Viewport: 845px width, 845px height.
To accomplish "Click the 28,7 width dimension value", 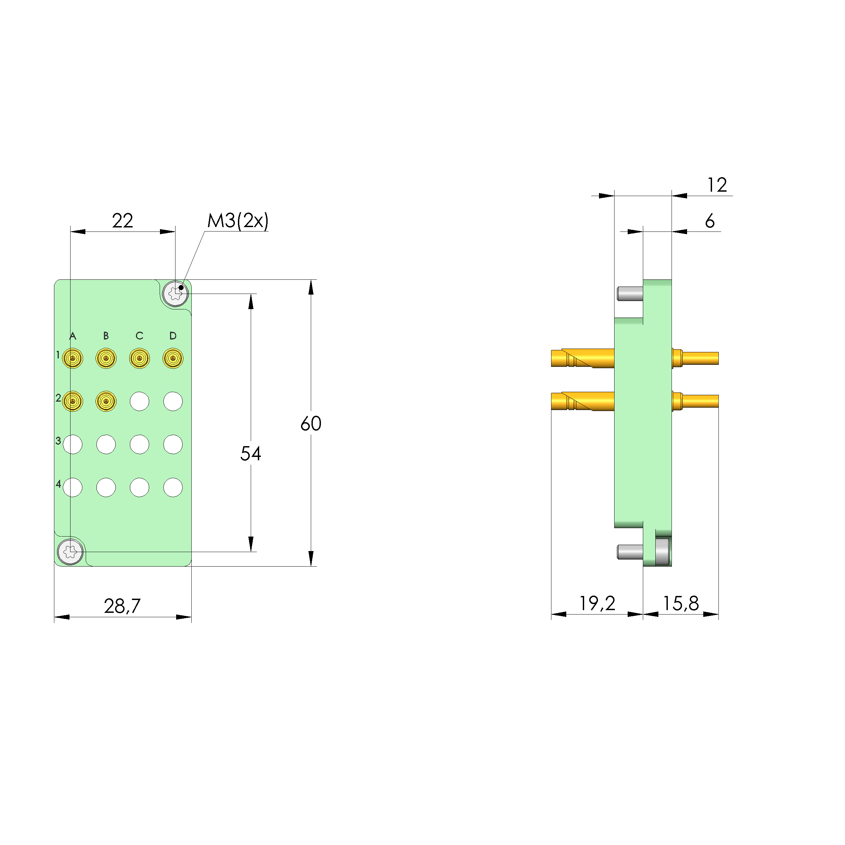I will point(122,606).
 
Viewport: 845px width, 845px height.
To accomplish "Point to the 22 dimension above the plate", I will point(122,220).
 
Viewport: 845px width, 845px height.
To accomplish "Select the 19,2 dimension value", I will point(597,604).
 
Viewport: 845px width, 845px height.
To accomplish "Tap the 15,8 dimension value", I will point(681,604).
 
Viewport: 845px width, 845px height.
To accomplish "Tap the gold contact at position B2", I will point(106,401).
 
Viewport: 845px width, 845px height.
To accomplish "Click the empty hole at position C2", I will point(139,401).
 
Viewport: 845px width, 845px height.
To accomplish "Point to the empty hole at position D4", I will point(173,487).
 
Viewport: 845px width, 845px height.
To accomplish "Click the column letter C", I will point(139,335).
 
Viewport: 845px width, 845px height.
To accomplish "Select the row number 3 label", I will point(58,441).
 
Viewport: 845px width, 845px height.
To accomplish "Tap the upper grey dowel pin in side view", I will point(630,294).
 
